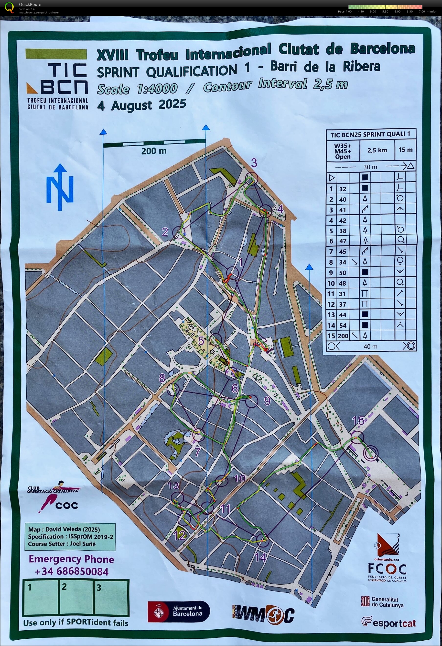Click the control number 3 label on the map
[x=254, y=163]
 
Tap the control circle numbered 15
[x=357, y=437]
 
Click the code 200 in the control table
[x=343, y=336]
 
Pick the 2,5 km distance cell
[x=377, y=150]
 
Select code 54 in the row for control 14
[x=343, y=325]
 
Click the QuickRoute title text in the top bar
[x=30, y=4]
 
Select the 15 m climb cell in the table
[x=405, y=150]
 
